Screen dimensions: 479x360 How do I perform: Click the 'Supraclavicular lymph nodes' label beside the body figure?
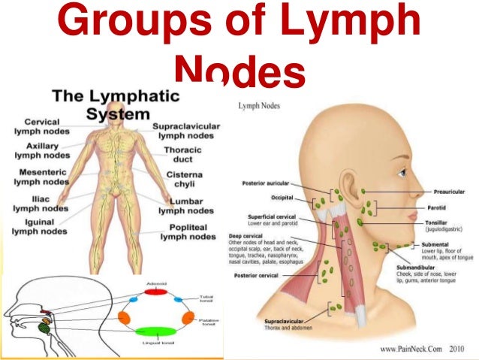coord(185,132)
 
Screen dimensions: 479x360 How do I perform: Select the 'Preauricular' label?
coord(450,192)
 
